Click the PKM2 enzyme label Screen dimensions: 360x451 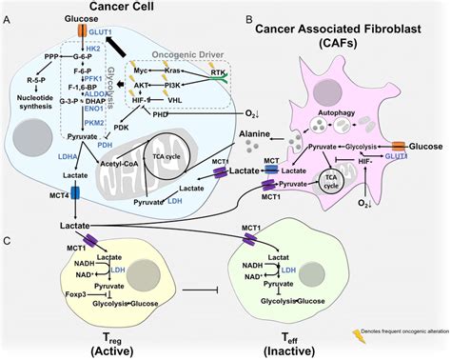pos(93,122)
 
